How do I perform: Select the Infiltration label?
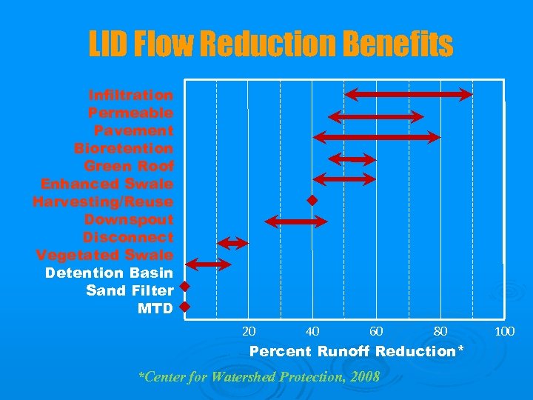coord(131,96)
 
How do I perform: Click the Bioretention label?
coord(124,149)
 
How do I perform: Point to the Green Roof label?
coord(129,167)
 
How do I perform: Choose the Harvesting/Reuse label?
coord(103,202)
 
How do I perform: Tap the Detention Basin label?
coord(109,273)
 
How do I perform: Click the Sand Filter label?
coord(130,291)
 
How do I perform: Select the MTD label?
coord(155,309)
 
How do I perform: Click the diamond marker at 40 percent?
coord(312,201)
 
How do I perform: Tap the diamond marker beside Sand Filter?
coord(185,287)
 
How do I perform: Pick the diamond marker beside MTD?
coord(185,306)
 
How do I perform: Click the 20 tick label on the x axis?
coord(249,331)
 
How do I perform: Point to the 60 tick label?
coord(376,331)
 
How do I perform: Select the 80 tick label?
coord(440,331)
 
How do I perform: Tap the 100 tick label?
coord(504,331)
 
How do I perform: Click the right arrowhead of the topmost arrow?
coord(466,94)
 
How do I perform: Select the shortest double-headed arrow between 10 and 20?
coord(232,244)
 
